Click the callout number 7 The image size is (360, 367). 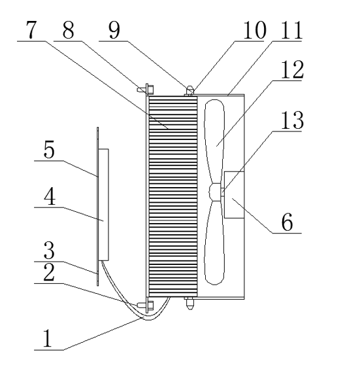click(x=31, y=29)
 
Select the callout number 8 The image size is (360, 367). click(x=68, y=29)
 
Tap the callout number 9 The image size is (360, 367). click(x=114, y=29)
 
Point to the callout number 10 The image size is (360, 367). click(x=255, y=29)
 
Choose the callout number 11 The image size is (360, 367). click(x=291, y=29)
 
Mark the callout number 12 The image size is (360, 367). click(x=292, y=69)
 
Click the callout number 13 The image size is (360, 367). click(x=292, y=120)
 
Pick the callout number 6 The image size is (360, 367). click(x=287, y=222)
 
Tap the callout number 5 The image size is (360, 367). click(x=49, y=150)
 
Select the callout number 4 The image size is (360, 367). click(x=50, y=197)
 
